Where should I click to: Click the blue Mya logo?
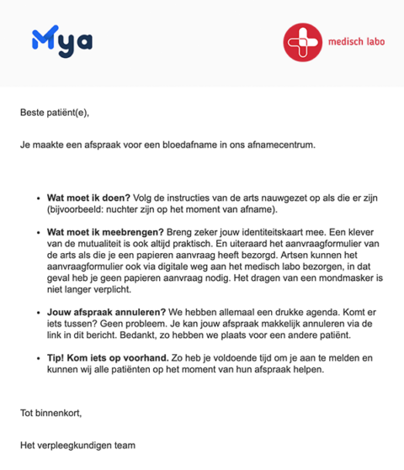coord(61,40)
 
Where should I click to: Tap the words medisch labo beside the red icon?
coord(353,43)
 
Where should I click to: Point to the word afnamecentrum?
coord(279,145)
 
